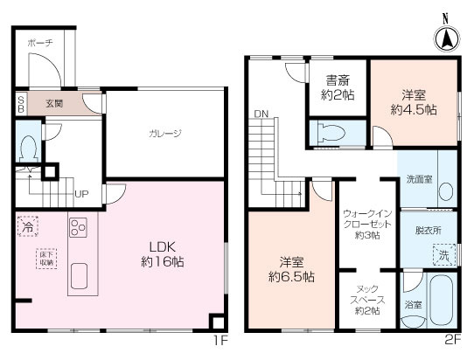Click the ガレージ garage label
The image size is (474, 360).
tap(164, 133)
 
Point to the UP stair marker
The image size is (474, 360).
tap(81, 194)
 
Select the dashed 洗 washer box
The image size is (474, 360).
tap(443, 256)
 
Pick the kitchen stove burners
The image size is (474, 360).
tap(77, 229)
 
